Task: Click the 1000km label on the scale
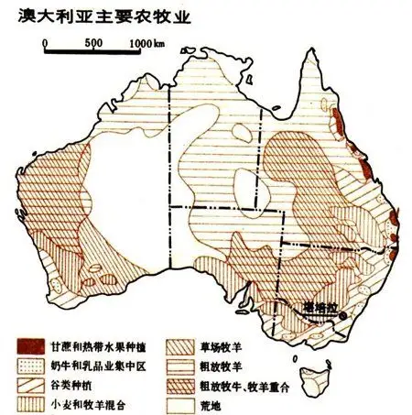pyautogui.click(x=147, y=42)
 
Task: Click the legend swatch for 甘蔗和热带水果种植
pyautogui.click(x=29, y=346)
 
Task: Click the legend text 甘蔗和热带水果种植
pyautogui.click(x=102, y=346)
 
